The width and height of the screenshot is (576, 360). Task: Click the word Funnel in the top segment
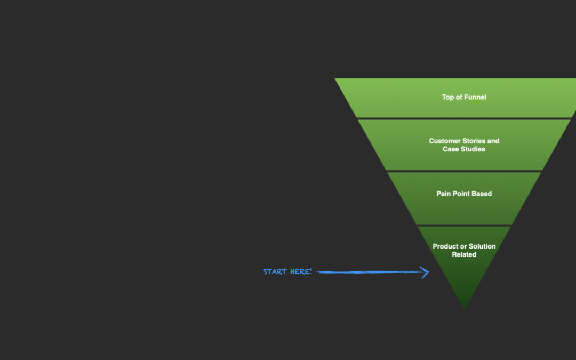point(475,98)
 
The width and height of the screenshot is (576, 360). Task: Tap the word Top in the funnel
point(448,98)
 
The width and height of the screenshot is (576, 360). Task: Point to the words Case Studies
point(464,149)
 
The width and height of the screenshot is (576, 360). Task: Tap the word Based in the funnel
point(482,194)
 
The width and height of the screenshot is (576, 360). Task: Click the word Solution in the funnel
point(483,246)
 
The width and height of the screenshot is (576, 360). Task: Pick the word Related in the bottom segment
point(464,254)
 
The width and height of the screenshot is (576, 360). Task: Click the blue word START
point(275,272)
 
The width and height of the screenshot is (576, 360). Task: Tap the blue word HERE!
point(301,272)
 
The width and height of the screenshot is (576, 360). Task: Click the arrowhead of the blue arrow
point(425,273)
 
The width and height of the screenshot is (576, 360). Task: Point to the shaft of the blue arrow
point(368,272)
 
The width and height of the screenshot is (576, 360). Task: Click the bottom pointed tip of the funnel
point(464,307)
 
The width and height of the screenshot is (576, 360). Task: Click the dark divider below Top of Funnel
point(464,118)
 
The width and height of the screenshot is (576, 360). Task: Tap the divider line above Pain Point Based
point(464,171)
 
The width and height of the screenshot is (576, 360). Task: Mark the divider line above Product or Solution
point(464,225)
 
